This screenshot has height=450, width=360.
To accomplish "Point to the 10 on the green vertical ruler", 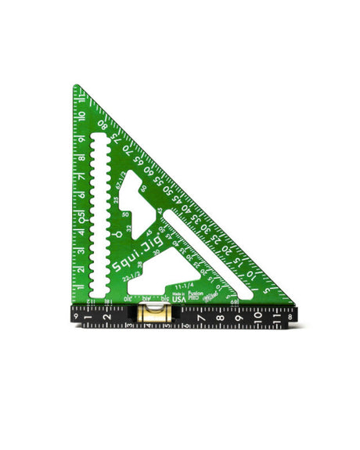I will coord(81,116).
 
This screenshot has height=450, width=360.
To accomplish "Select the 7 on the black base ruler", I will coord(200,319).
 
